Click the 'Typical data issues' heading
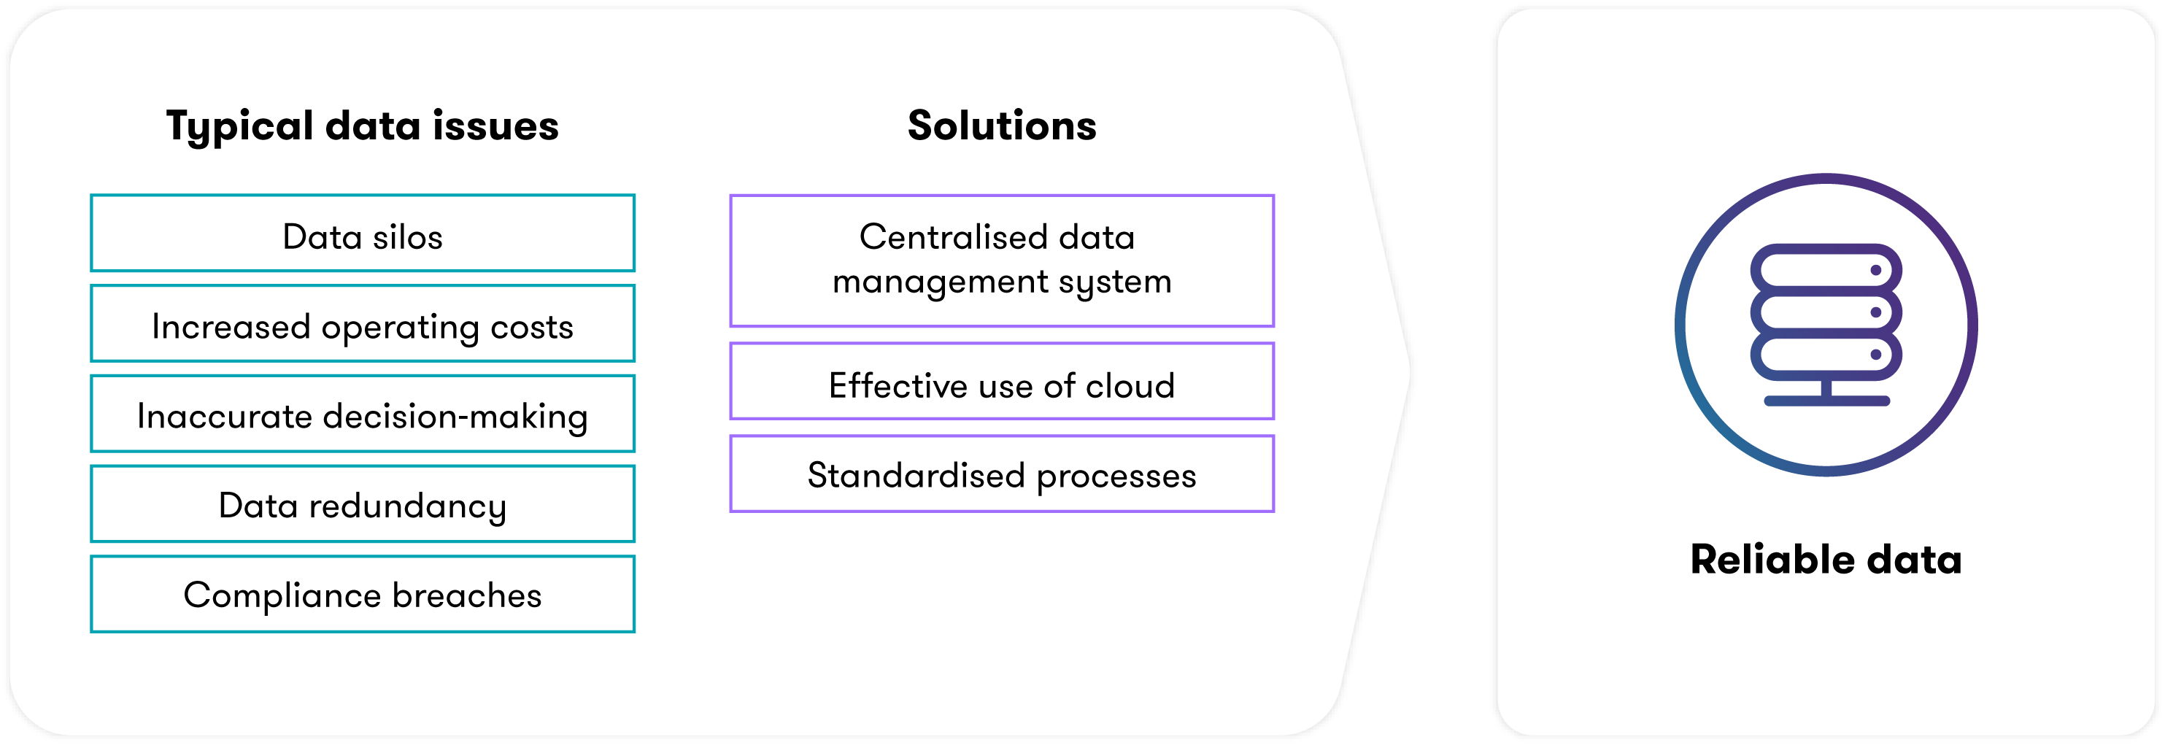pos(362,126)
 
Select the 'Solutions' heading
pos(1002,126)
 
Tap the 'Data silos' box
pos(362,233)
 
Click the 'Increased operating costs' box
pos(362,324)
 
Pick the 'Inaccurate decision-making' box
pos(362,414)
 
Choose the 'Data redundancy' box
pos(362,503)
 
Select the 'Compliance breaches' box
pos(362,594)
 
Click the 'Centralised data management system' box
pos(1002,260)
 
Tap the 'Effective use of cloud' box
pos(1002,381)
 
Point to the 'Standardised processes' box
pos(1002,474)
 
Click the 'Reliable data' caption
pos(1826,559)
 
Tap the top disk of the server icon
pos(1826,270)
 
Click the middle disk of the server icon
pos(1826,312)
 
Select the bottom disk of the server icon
pos(1826,354)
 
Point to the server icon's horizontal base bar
pos(1826,401)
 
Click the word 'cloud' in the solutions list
pos(1130,386)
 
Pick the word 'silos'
pos(408,237)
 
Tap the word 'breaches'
pos(466,595)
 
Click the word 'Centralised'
pos(953,237)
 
